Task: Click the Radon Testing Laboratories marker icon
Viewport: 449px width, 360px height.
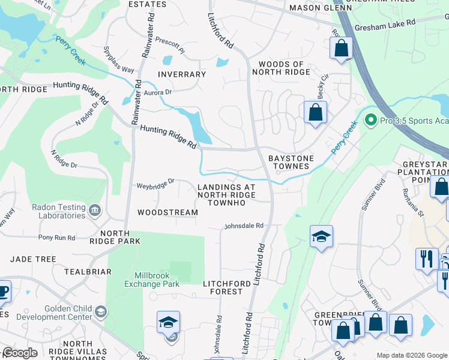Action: coord(95,211)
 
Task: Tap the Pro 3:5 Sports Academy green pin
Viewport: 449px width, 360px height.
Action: coord(370,120)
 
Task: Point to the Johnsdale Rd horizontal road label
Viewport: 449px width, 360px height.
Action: coord(244,226)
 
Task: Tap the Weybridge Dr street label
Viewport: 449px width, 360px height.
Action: coord(155,181)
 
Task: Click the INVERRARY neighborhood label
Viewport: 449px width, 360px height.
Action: coord(181,74)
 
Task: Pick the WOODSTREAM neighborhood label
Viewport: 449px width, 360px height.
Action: coord(167,212)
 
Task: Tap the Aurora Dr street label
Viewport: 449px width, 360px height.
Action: coord(158,92)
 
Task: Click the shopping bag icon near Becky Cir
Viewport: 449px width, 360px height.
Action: coord(315,112)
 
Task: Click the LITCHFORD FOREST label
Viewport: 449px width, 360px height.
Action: coord(223,287)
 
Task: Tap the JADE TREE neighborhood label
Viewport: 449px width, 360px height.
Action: coord(33,259)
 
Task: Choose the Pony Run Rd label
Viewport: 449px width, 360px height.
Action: coord(57,238)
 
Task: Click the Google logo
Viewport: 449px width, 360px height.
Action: coord(20,353)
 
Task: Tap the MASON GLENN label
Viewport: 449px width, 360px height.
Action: coord(312,8)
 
